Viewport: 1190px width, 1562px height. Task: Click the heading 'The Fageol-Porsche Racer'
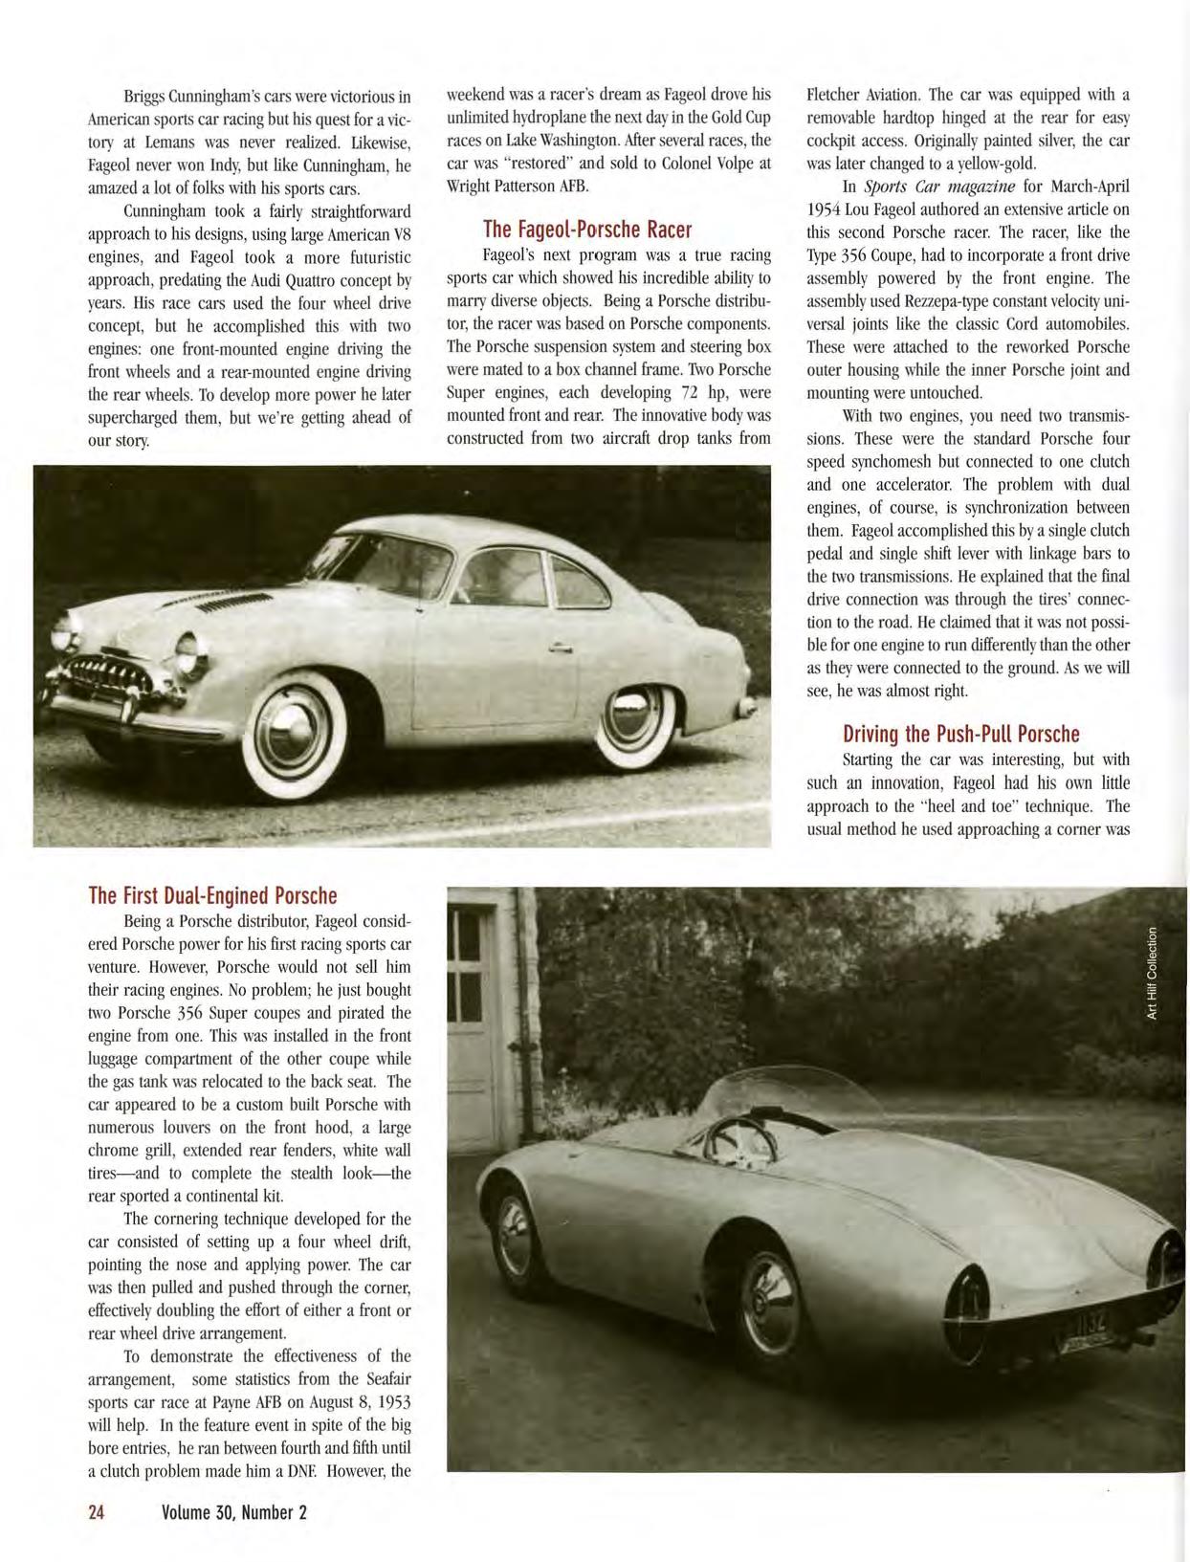tap(586, 230)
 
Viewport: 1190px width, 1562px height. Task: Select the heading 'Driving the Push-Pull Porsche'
tap(960, 735)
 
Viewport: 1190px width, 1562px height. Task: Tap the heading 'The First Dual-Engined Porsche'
tap(212, 896)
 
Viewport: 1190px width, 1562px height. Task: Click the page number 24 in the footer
tap(97, 1512)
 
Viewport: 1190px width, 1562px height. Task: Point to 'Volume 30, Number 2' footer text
tap(234, 1512)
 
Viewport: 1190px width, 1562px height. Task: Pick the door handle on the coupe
tap(561, 649)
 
